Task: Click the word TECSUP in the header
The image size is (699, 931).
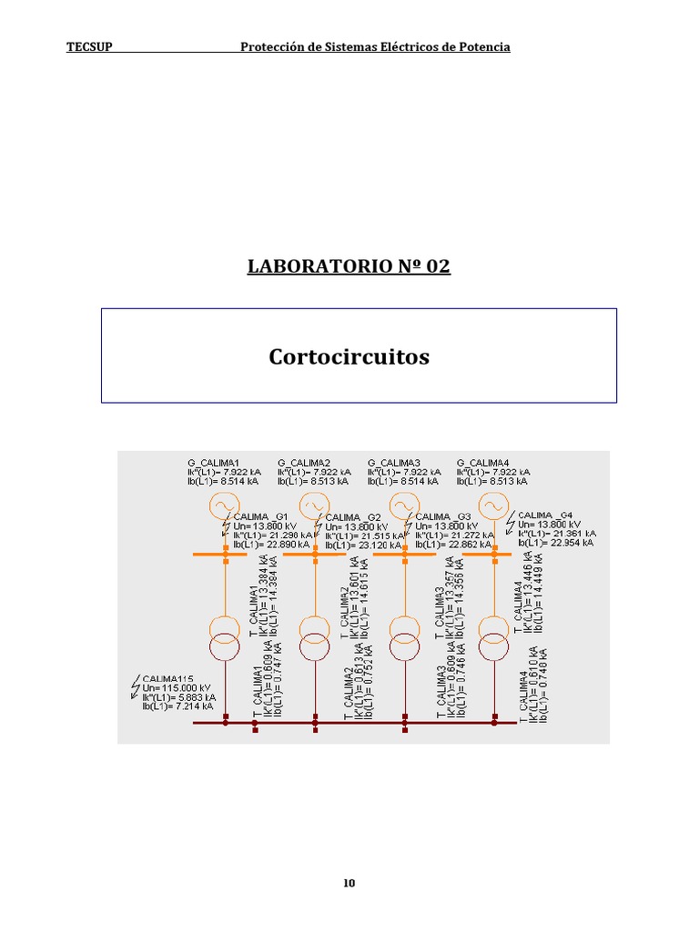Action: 89,47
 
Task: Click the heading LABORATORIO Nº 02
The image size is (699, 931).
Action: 349,266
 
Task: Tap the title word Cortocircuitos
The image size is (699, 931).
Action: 349,357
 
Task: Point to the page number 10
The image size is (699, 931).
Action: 349,884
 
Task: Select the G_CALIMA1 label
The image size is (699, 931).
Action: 213,463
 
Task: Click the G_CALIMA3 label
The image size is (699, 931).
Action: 393,463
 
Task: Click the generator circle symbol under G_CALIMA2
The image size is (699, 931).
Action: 314,506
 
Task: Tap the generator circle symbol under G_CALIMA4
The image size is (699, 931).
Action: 492,506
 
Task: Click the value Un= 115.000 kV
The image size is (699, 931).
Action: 177,687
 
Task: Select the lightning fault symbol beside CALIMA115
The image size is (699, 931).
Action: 137,683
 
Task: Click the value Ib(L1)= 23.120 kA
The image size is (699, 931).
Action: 362,546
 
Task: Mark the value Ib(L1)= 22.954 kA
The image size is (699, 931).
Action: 556,543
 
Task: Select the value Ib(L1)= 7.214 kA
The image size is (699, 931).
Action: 177,706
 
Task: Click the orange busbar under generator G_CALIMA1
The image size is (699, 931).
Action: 225,554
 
